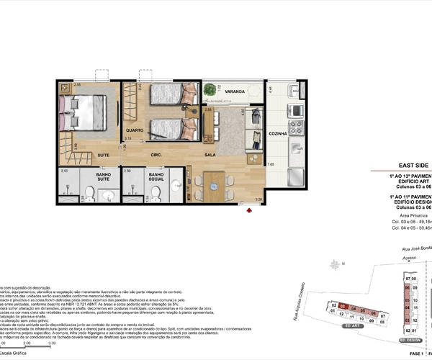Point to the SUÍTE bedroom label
coord(104,154)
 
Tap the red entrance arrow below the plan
coord(248,210)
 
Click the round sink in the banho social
coord(132,191)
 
